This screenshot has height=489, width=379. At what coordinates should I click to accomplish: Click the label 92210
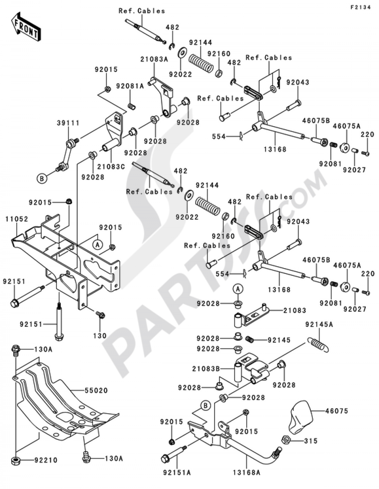tap(45, 460)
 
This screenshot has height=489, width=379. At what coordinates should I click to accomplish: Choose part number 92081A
tap(130, 86)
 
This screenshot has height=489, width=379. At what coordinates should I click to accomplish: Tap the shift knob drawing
tap(301, 418)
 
